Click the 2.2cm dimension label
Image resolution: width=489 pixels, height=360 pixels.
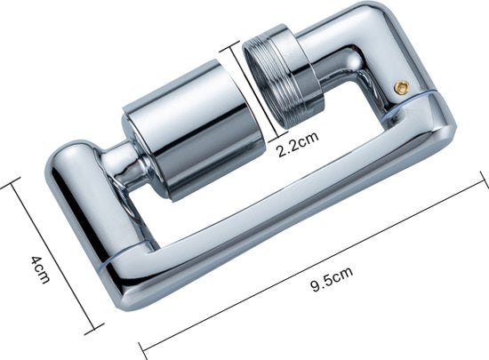tap(298, 144)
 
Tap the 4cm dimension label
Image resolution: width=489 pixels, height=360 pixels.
tap(40, 269)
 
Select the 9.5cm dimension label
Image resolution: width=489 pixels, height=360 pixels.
tap(333, 278)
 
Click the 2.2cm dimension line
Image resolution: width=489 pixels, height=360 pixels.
tap(254, 92)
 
